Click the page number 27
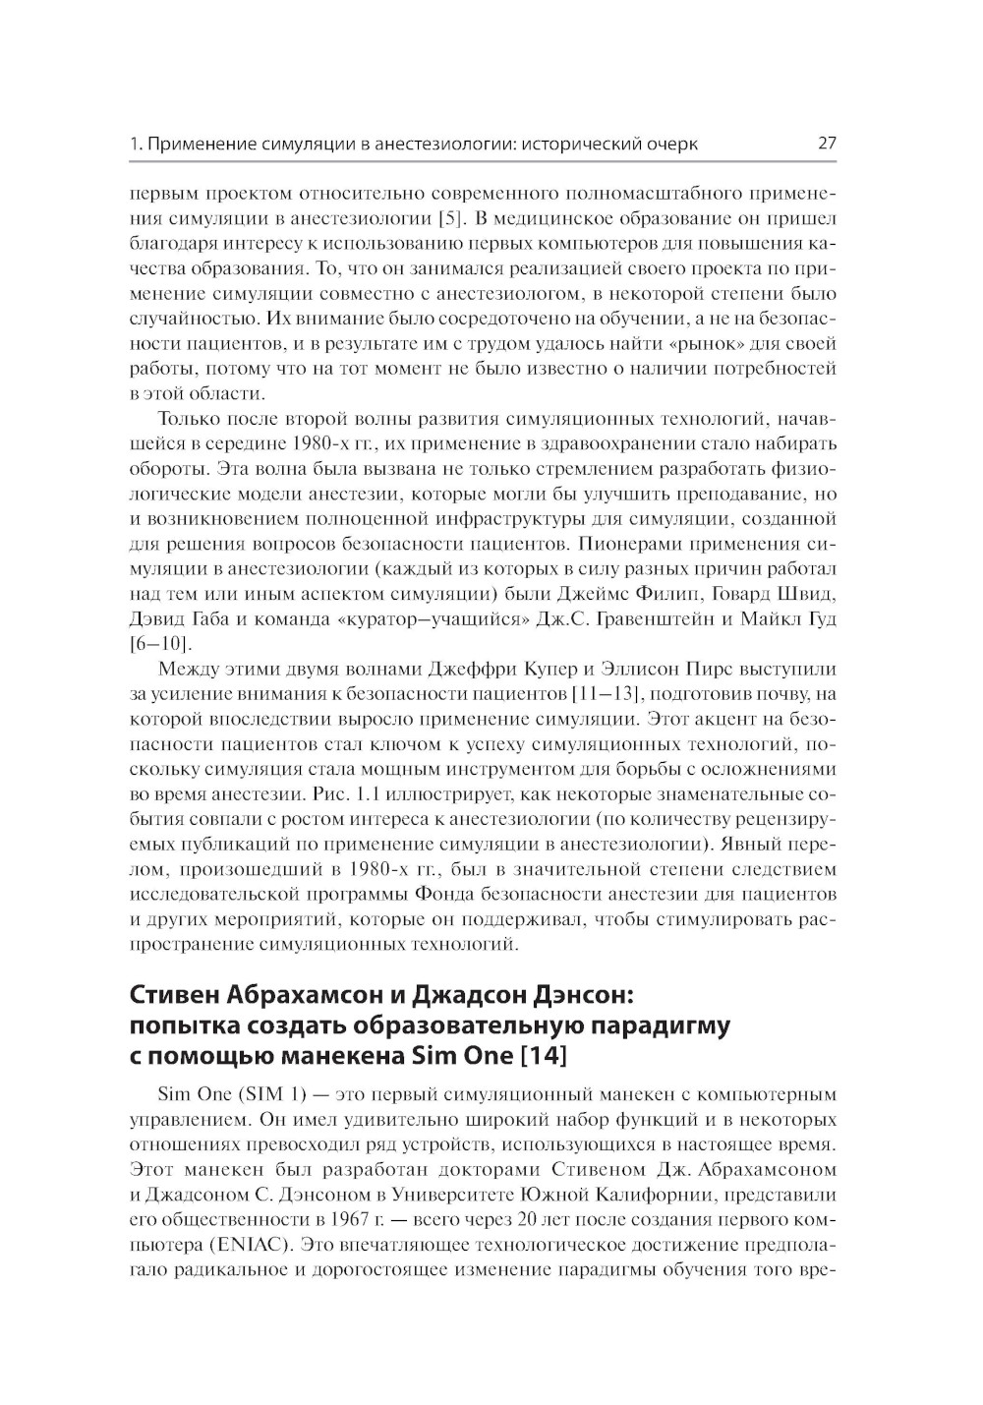[826, 144]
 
